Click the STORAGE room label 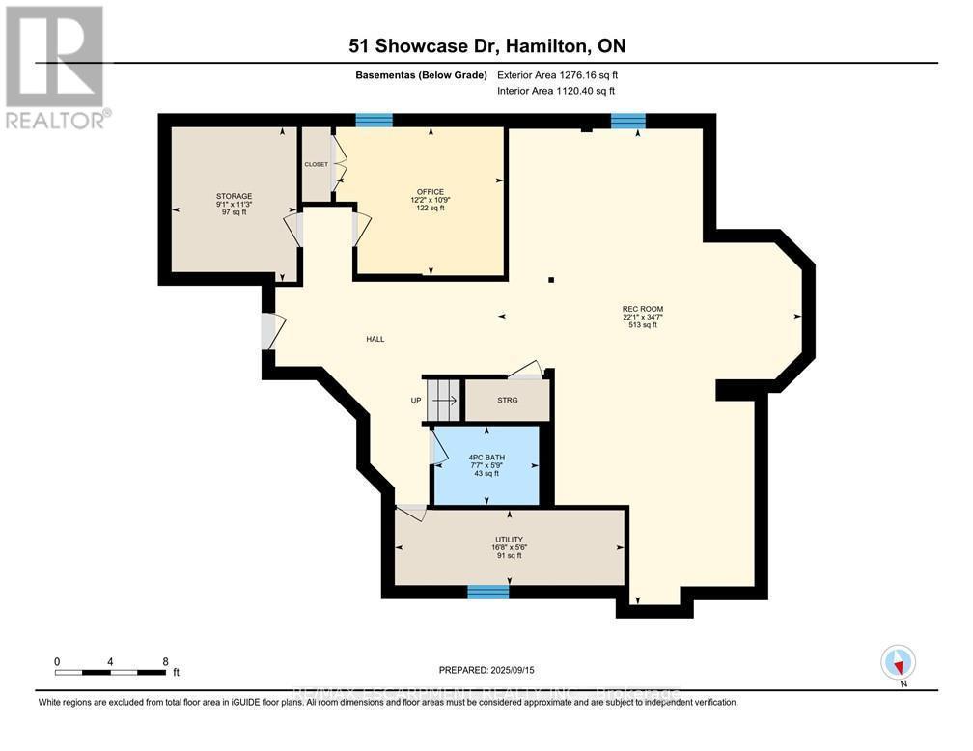click(x=234, y=196)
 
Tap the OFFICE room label click(x=431, y=191)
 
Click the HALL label click(x=375, y=339)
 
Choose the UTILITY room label click(x=509, y=540)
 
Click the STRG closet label click(x=508, y=400)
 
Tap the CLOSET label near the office click(x=317, y=164)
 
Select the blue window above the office click(x=374, y=121)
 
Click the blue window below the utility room click(x=487, y=591)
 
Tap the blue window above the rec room click(x=627, y=121)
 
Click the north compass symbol click(x=899, y=663)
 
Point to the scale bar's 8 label click(x=165, y=661)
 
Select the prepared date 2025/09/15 click(x=486, y=669)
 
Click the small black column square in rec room click(x=550, y=280)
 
